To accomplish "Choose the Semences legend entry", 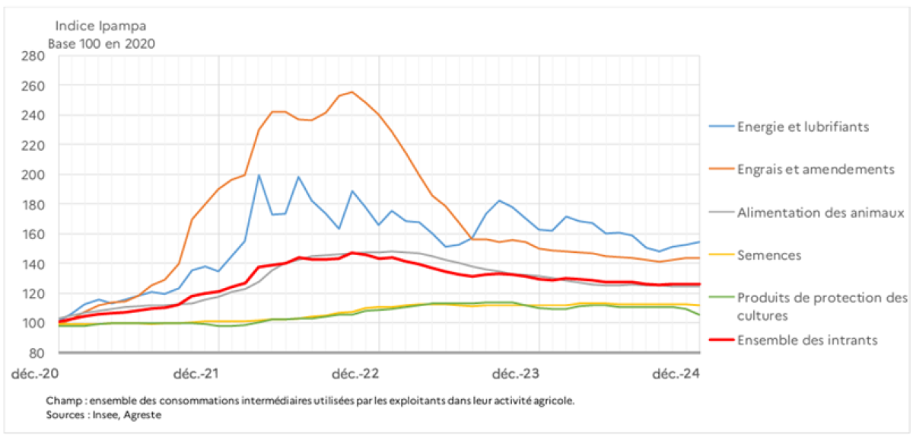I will [x=769, y=254].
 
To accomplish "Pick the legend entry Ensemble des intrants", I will [x=807, y=340].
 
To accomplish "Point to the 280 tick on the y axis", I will [x=33, y=56].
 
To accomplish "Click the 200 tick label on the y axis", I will [x=33, y=175].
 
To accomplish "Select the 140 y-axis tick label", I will [x=33, y=264].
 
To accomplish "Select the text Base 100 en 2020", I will [x=101, y=43].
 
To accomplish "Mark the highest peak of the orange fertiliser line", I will [x=352, y=92].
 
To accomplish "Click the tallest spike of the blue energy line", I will [x=259, y=175].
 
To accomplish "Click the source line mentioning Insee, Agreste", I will [x=103, y=415].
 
